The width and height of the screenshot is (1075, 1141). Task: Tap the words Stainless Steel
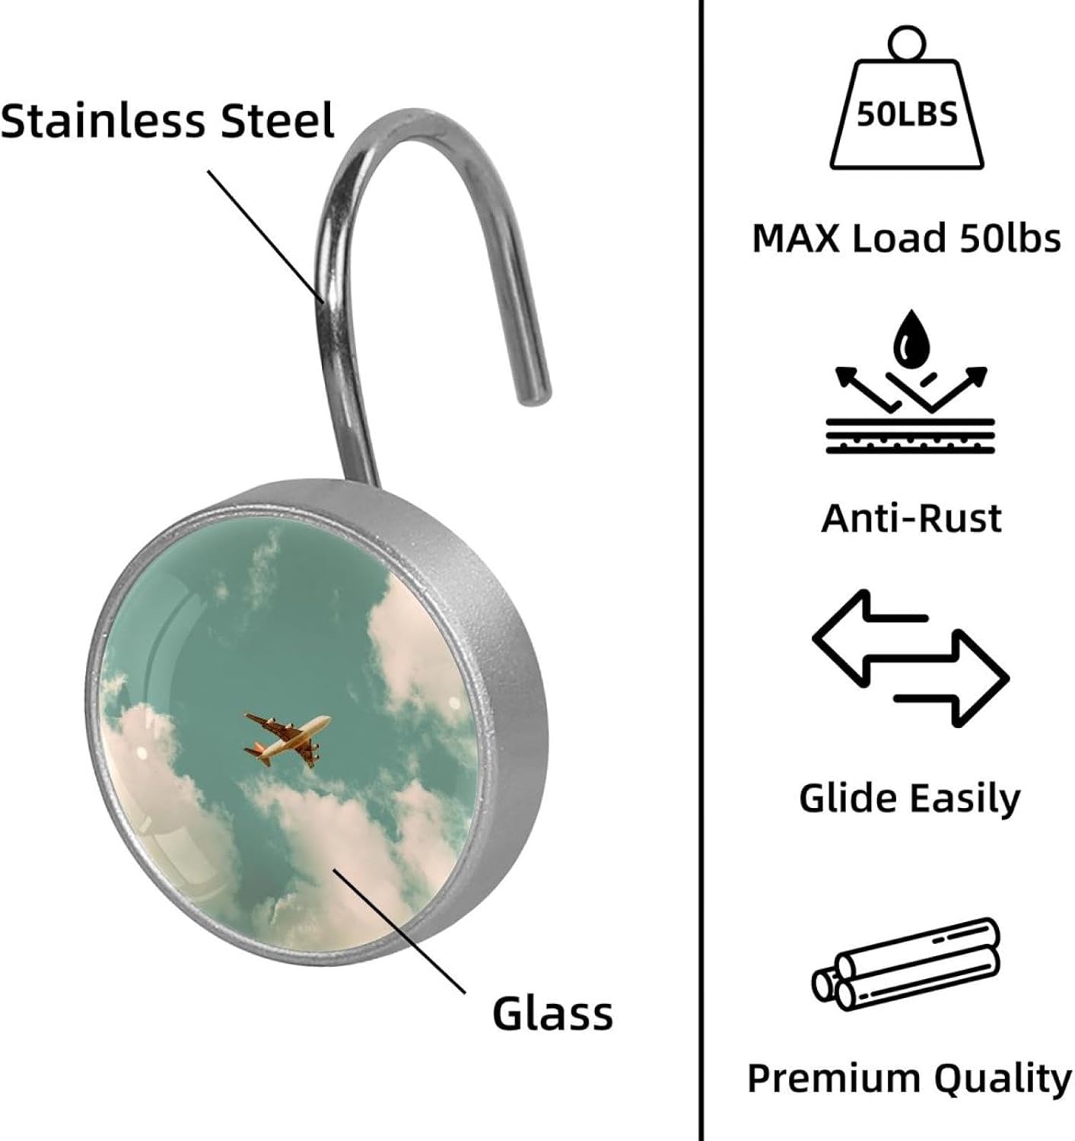tap(167, 120)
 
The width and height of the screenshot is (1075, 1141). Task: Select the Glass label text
tap(552, 1013)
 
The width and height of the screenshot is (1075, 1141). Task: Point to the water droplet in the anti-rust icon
tap(910, 339)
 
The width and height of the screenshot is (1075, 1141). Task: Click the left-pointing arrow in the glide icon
tap(867, 637)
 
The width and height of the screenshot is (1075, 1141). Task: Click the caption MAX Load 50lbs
tap(906, 237)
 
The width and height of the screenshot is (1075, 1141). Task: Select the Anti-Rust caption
tap(911, 519)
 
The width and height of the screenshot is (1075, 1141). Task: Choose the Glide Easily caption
tap(909, 799)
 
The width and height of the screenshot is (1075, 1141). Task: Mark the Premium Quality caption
tap(909, 1079)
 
